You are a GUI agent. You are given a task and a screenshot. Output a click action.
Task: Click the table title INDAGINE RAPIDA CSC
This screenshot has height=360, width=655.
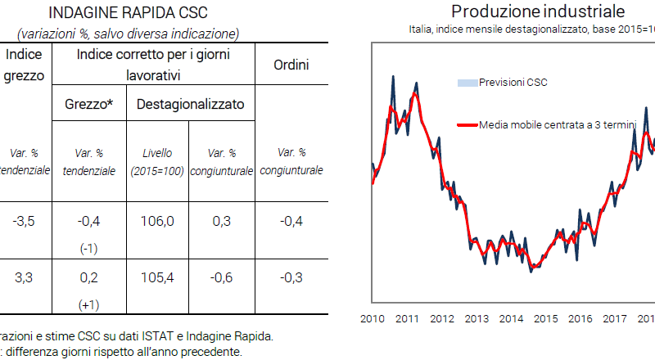pos(128,14)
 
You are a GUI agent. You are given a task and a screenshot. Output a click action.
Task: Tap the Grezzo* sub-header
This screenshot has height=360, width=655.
pos(88,105)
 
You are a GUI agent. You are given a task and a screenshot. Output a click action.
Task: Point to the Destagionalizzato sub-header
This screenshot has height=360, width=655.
pos(190,105)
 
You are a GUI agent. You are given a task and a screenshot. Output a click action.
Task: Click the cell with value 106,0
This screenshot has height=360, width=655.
pos(158,222)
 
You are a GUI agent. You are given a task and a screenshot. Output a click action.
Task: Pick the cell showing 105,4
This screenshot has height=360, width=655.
pos(158,278)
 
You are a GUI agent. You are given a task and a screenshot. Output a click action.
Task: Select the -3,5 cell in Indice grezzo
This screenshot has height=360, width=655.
pos(25,222)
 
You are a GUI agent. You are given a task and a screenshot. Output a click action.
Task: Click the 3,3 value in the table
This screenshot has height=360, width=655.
pos(25,278)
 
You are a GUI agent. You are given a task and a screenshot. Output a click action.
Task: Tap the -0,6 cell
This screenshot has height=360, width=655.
pos(221,278)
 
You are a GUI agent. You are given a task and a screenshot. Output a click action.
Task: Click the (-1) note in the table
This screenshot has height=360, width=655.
pos(88,248)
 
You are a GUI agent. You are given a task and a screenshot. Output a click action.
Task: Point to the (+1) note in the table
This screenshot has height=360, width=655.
pos(88,304)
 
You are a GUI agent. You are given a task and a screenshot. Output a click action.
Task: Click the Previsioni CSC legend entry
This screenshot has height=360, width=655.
pos(513,83)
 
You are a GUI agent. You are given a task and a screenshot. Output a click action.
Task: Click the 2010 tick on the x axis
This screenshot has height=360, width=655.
pos(373,319)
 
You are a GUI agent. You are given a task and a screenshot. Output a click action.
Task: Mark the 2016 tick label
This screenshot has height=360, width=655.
pos(580,319)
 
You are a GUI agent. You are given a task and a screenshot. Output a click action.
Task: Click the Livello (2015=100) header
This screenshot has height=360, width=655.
pos(158,162)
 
